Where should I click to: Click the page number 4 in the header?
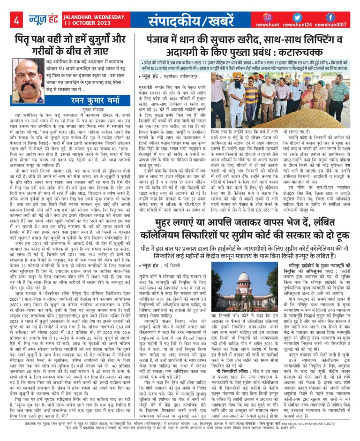click(16, 21)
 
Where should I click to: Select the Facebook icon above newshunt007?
click(330, 17)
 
